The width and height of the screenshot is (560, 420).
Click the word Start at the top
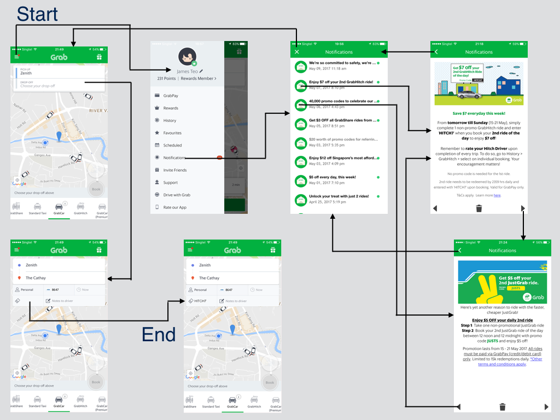pos(37,14)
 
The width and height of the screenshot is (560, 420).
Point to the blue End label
pos(159,334)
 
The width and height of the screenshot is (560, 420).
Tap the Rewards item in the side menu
pos(171,108)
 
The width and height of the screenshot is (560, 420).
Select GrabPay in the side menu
pos(171,96)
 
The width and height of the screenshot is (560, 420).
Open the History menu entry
pos(170,120)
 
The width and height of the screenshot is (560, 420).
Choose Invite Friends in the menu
pos(174,170)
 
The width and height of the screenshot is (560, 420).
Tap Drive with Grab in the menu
pos(177,195)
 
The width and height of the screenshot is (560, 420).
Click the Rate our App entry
pos(174,207)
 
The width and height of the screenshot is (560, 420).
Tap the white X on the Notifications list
pos(297,52)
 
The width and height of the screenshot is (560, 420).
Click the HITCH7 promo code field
pos(200,301)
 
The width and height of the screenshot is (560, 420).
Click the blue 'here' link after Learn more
pos(497,195)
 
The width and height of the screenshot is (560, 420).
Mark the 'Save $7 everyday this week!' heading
pos(479,113)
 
